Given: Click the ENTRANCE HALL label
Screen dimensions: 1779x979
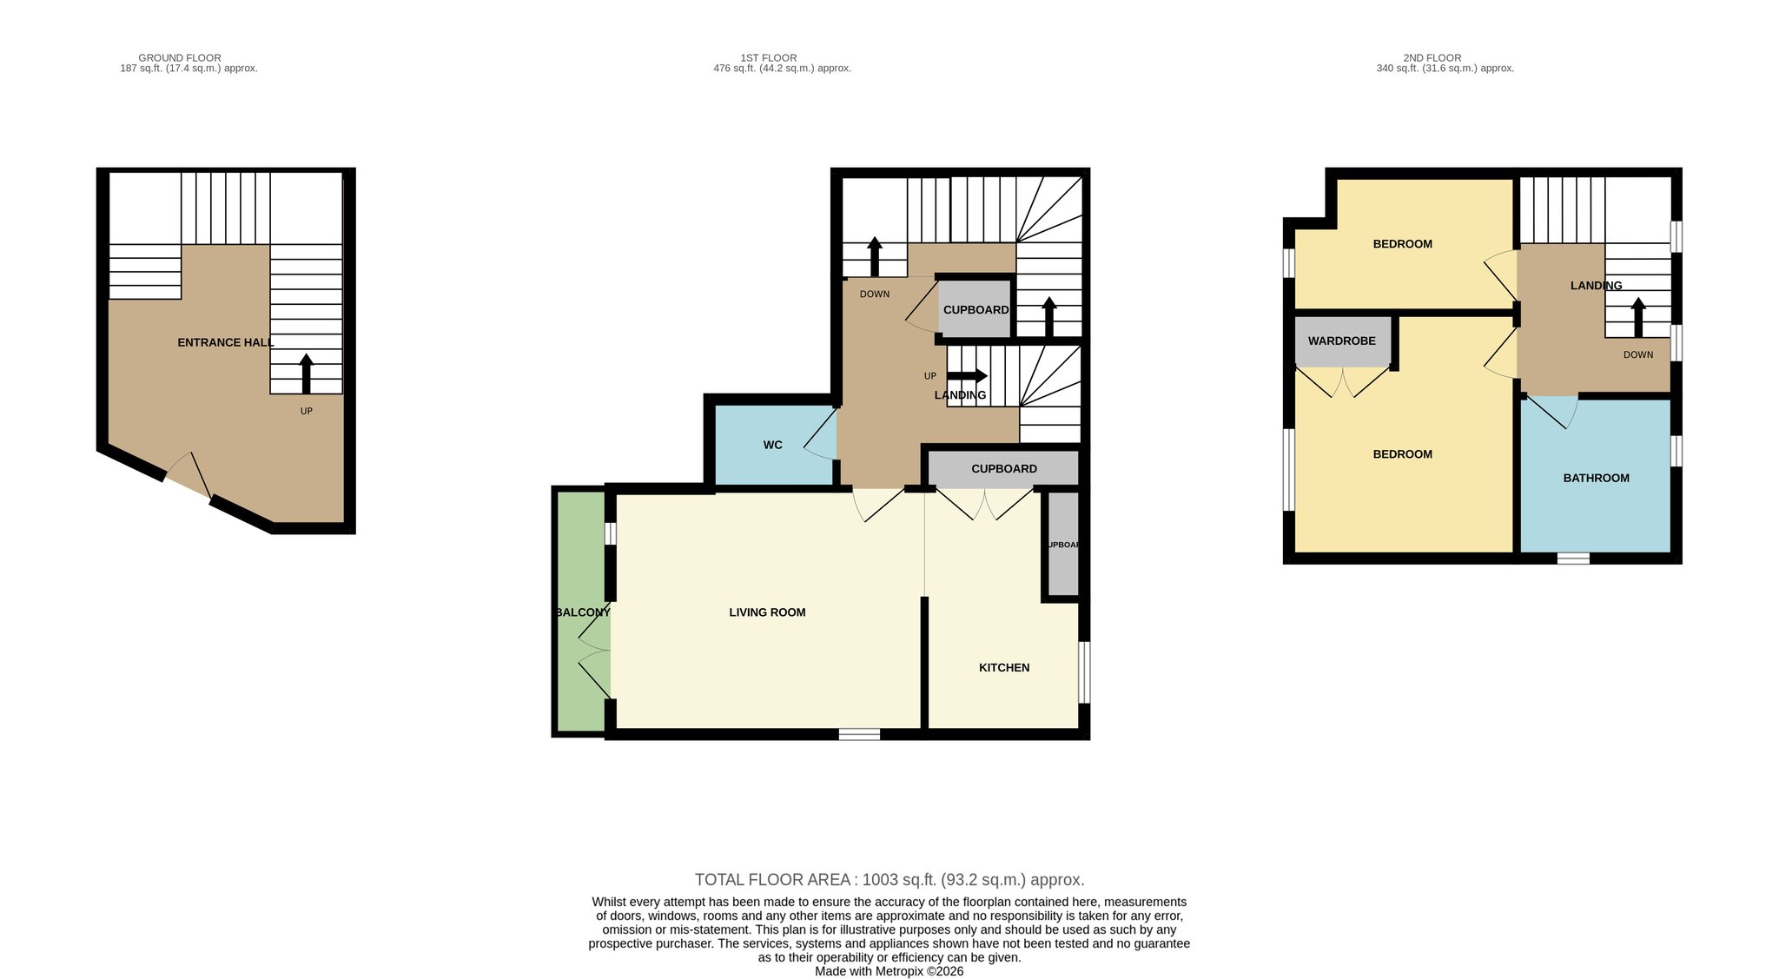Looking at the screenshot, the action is (226, 343).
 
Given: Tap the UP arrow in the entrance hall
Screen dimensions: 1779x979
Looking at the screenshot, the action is (306, 374).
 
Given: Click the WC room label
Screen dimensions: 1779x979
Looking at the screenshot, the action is (773, 446).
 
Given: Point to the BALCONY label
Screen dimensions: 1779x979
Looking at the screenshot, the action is (583, 612).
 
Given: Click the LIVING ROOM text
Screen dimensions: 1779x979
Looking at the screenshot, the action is (768, 612).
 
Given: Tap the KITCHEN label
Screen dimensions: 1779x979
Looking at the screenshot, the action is (1004, 668).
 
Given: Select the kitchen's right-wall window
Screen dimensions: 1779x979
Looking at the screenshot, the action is (1084, 672).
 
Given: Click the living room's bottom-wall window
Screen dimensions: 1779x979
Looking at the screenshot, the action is (859, 734).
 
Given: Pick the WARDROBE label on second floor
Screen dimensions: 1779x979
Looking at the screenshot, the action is (1342, 341).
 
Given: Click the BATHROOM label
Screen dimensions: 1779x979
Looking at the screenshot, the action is (1597, 479).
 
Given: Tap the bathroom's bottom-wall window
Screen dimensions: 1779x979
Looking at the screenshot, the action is (1573, 559).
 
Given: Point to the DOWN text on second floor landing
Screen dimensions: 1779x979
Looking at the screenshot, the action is (1638, 354).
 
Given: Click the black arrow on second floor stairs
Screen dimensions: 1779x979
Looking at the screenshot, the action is (1638, 318).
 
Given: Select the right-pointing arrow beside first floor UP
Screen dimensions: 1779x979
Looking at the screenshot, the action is (967, 376).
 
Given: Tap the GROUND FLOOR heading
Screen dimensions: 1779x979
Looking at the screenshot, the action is (180, 58).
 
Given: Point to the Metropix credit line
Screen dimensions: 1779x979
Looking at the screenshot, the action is (889, 972).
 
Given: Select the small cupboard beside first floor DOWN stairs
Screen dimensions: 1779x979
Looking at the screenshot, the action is (975, 308).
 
